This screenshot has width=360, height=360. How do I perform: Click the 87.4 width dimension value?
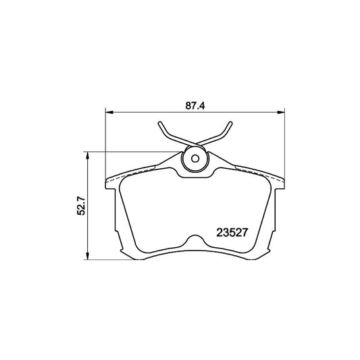[x=196, y=105]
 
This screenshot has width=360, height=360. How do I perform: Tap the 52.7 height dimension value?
[x=81, y=205]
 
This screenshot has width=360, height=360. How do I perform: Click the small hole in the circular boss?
[x=196, y=160]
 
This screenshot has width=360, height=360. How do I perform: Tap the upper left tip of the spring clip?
[x=159, y=124]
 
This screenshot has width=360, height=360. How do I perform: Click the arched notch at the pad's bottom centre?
[x=196, y=240]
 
